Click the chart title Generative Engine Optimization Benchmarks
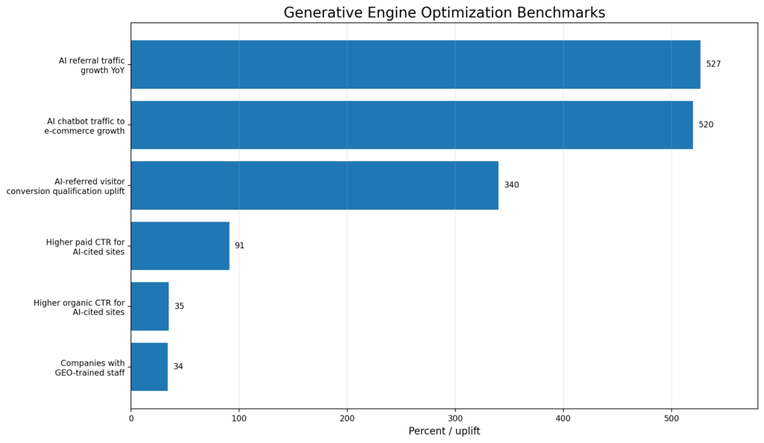[x=444, y=13]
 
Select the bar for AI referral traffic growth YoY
[x=415, y=64]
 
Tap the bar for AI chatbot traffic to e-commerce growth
[x=411, y=125]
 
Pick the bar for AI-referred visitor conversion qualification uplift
[x=314, y=185]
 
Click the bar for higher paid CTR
[x=180, y=245]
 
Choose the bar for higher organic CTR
[x=150, y=306]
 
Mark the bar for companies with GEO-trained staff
[x=149, y=366]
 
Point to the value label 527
[x=713, y=64]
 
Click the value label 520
[x=706, y=125]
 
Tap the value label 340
[x=511, y=185]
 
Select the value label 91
[x=239, y=245]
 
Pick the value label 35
[x=179, y=306]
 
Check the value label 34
[x=178, y=366]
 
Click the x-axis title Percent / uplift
[x=444, y=431]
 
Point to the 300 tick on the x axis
[x=455, y=418]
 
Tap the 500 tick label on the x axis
[x=671, y=418]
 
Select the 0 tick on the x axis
[x=131, y=418]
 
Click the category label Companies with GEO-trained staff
[x=90, y=368]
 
